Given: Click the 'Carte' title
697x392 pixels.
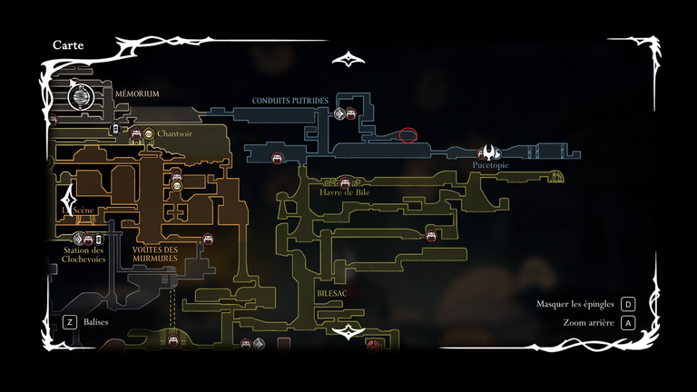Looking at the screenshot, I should pyautogui.click(x=69, y=44).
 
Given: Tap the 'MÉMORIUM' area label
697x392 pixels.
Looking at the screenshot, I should pyautogui.click(x=137, y=93).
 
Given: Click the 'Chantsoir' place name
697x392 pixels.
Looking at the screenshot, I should pyautogui.click(x=174, y=133).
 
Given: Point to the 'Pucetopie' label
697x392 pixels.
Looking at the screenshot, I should pyautogui.click(x=491, y=166).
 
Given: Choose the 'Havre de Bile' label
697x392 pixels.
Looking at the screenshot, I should pyautogui.click(x=344, y=192).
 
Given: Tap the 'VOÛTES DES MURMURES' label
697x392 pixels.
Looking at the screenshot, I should pyautogui.click(x=155, y=254).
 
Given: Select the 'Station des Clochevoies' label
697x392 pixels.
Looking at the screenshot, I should pyautogui.click(x=83, y=254).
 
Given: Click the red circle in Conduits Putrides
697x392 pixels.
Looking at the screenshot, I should pyautogui.click(x=408, y=135).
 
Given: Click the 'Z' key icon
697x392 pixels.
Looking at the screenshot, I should pyautogui.click(x=69, y=321).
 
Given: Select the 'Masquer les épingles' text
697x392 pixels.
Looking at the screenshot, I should pyautogui.click(x=575, y=304).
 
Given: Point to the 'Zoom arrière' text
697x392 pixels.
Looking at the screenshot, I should pyautogui.click(x=588, y=322).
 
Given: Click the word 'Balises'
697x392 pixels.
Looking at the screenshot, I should pyautogui.click(x=96, y=321).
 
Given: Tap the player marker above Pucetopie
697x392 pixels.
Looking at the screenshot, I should pyautogui.click(x=491, y=152).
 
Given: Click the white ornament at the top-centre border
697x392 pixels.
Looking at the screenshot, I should pyautogui.click(x=348, y=61).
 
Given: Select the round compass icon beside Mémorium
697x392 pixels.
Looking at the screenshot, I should pyautogui.click(x=81, y=94).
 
